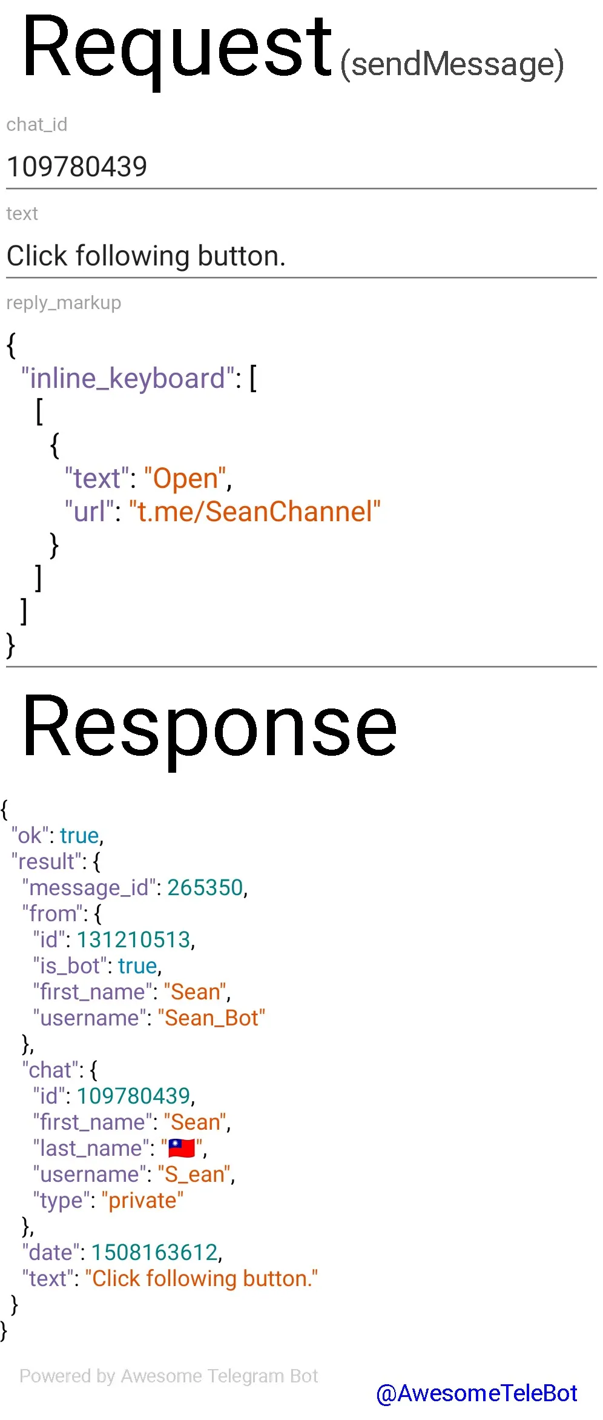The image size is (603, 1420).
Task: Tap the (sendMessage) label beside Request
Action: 452,64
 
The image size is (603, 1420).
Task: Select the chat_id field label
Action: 37,124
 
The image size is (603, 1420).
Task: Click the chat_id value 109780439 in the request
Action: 77,167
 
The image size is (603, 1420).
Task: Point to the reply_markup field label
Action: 64,302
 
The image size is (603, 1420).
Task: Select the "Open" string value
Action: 185,479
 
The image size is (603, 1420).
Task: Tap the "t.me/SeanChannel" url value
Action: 255,512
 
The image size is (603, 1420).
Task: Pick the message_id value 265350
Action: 205,888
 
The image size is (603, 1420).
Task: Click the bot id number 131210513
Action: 134,940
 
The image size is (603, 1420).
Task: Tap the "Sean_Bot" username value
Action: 211,1018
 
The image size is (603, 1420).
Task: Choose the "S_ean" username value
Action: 194,1175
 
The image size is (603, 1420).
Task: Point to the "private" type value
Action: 142,1201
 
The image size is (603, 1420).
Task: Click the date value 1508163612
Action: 154,1253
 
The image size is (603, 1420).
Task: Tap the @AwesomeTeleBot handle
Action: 476,1393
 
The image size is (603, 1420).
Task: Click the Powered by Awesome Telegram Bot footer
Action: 168,1376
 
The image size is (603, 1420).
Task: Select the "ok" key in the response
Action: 30,836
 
